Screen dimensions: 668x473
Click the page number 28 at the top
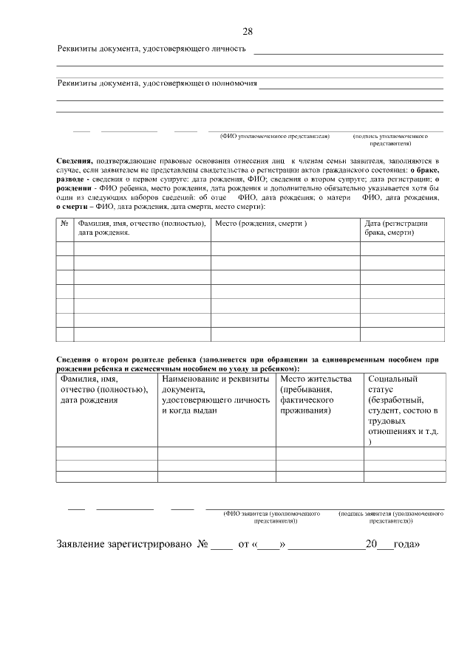248,31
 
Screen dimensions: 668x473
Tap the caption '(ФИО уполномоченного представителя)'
274,137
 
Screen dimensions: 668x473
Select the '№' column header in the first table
64,224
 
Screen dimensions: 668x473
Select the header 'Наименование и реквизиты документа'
214,395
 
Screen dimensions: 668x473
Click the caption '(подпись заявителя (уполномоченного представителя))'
390,516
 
